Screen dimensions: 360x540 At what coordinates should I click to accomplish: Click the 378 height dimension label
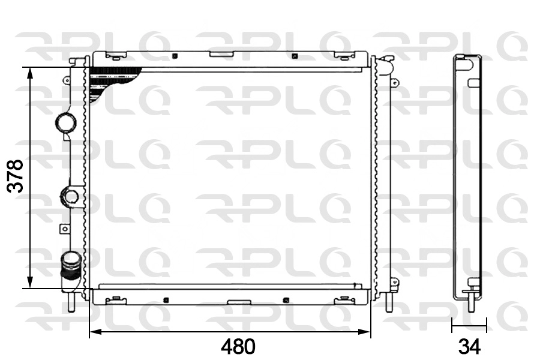[x=14, y=175]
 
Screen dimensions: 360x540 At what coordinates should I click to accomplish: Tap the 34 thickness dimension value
[x=469, y=346]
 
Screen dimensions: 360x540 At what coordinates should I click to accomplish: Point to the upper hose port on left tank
[x=65, y=124]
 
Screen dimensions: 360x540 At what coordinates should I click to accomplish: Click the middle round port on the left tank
[x=71, y=196]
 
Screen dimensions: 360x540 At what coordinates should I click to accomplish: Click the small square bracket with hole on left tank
[x=64, y=228]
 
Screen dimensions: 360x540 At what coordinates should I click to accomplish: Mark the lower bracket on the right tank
[x=393, y=281]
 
